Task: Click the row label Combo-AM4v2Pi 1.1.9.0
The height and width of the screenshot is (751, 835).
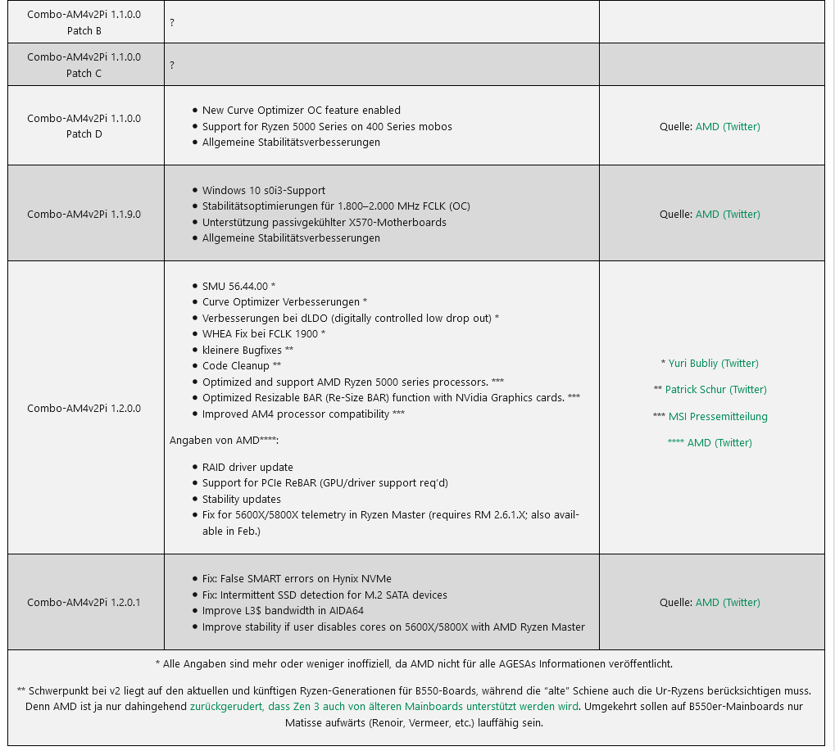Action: (84, 215)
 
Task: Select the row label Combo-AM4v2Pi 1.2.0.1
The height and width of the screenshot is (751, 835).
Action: (84, 603)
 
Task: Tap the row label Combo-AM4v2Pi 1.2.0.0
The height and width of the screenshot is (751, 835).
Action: (84, 409)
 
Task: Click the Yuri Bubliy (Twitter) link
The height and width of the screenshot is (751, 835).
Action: (713, 364)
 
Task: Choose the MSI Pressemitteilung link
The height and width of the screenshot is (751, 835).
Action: (718, 417)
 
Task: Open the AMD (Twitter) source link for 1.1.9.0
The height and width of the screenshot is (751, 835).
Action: (728, 215)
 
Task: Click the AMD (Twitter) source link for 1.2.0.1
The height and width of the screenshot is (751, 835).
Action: (728, 603)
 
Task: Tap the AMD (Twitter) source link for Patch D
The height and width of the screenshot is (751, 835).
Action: (728, 127)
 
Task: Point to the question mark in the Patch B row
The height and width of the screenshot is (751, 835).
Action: (172, 23)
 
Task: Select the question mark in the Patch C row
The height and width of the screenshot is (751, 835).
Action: (172, 66)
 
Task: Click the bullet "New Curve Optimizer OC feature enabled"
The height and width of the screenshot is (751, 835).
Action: (301, 111)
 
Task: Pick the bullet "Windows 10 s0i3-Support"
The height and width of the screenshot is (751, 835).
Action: (263, 191)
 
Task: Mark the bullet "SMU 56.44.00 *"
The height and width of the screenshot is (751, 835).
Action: (238, 286)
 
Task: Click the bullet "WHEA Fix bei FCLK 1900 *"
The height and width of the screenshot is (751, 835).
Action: (264, 334)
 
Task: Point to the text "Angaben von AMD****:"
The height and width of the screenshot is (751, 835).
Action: (224, 441)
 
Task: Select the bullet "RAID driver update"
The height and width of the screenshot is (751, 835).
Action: (247, 468)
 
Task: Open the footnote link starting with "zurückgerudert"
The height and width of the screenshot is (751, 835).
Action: (383, 706)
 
